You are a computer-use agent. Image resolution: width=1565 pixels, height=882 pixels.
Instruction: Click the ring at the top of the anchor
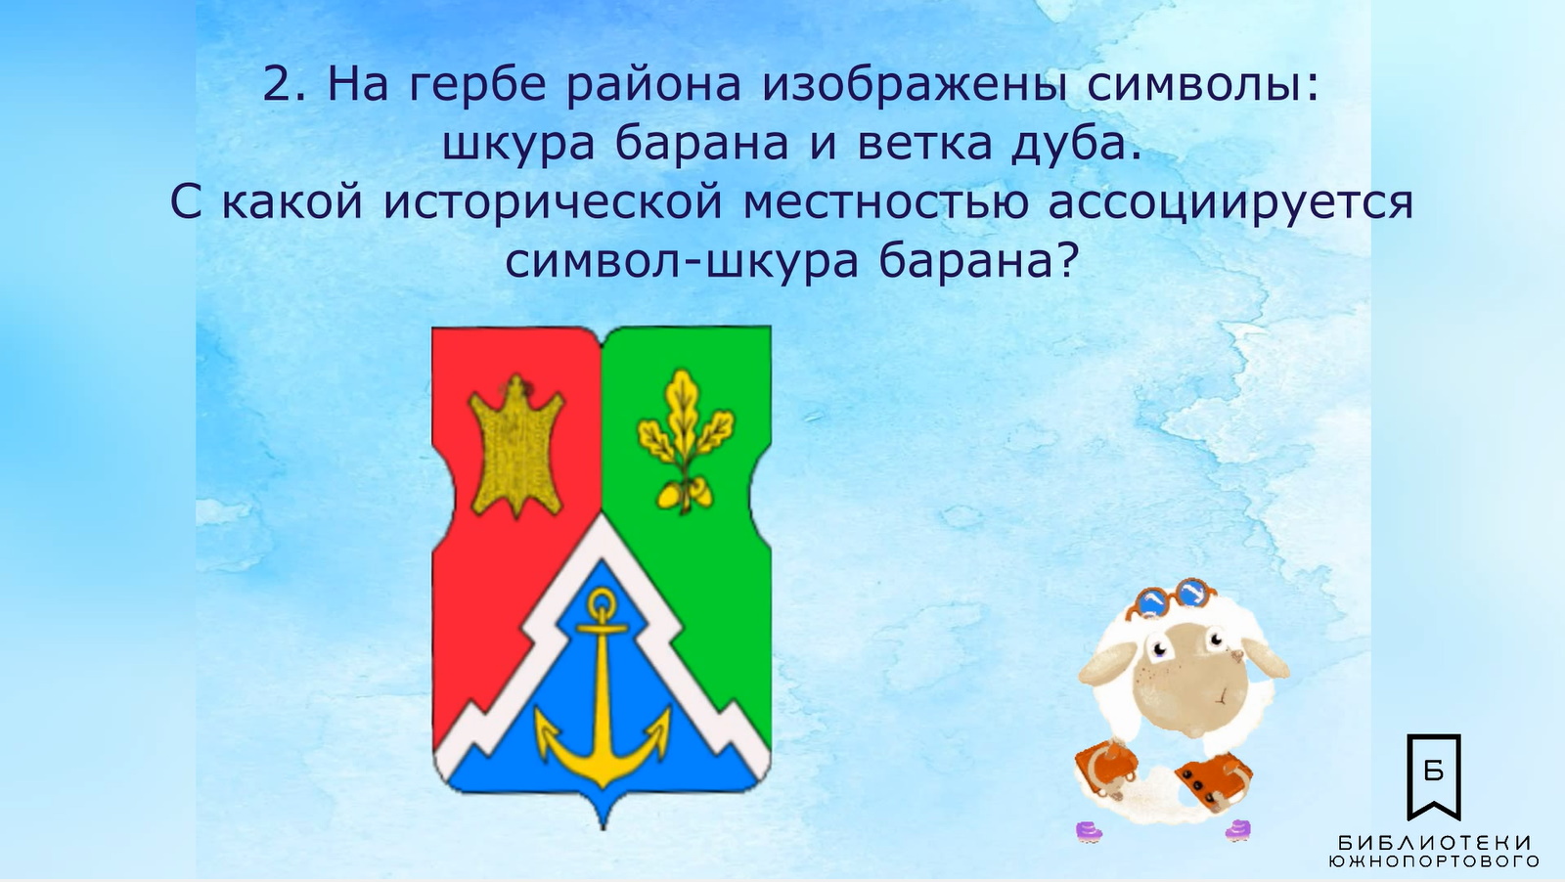603,602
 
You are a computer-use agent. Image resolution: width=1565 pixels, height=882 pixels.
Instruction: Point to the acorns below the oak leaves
685,495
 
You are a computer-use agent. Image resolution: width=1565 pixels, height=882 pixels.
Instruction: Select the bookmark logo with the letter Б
1434,777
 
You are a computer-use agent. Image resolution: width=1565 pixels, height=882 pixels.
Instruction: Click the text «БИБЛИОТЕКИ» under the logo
1434,842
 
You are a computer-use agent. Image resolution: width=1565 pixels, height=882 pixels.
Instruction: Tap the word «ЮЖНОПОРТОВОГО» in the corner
1434,861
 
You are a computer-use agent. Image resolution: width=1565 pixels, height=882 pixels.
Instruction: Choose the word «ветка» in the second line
923,146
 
